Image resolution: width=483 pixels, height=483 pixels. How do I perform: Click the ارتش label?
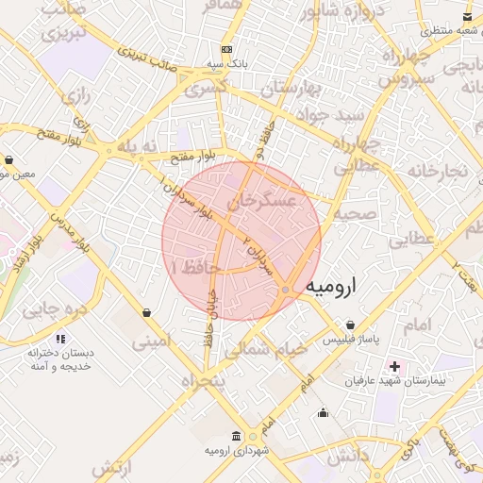(109, 467)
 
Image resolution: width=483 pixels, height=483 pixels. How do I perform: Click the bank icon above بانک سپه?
(226, 49)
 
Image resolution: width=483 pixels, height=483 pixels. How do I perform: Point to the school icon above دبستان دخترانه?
(60, 338)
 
